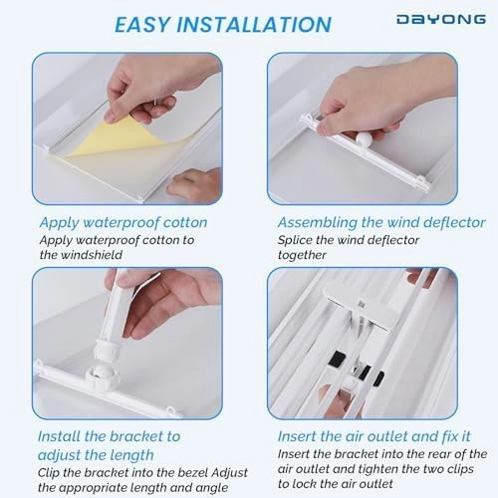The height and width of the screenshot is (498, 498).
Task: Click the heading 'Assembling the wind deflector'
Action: tap(380, 223)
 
